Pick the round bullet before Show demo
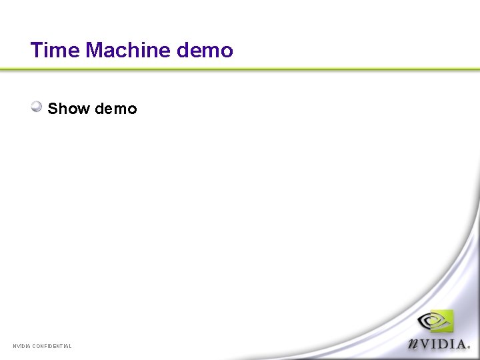(x=37, y=107)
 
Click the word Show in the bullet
(x=69, y=109)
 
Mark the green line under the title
(x=240, y=69)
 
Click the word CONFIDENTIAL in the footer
(x=52, y=346)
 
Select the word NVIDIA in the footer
(x=22, y=346)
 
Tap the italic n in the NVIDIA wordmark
(x=415, y=343)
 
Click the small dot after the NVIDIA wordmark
(x=469, y=347)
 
